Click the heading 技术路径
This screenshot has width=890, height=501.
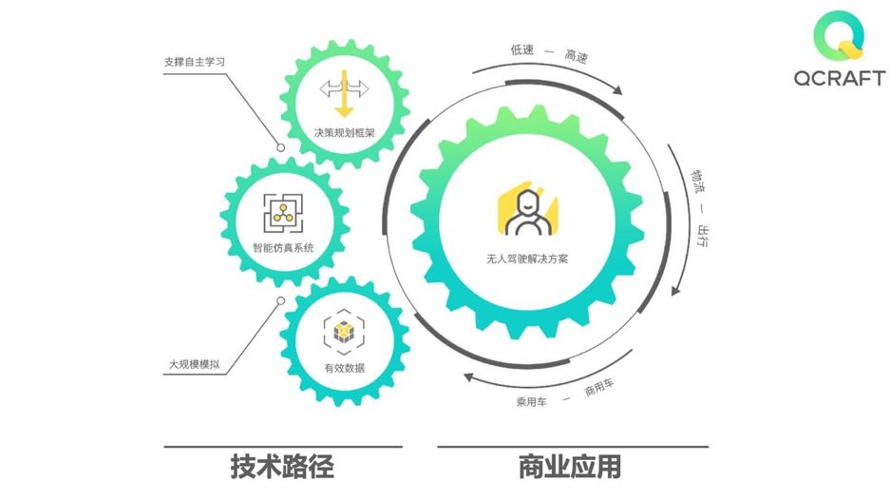(282, 467)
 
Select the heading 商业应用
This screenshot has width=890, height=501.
(571, 467)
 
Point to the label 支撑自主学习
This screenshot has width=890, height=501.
(194, 63)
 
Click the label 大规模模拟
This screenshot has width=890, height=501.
(195, 363)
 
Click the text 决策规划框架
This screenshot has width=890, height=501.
(344, 132)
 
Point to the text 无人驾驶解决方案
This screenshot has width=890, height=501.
(525, 258)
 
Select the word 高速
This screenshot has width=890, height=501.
(576, 57)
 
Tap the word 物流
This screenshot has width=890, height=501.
(696, 178)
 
